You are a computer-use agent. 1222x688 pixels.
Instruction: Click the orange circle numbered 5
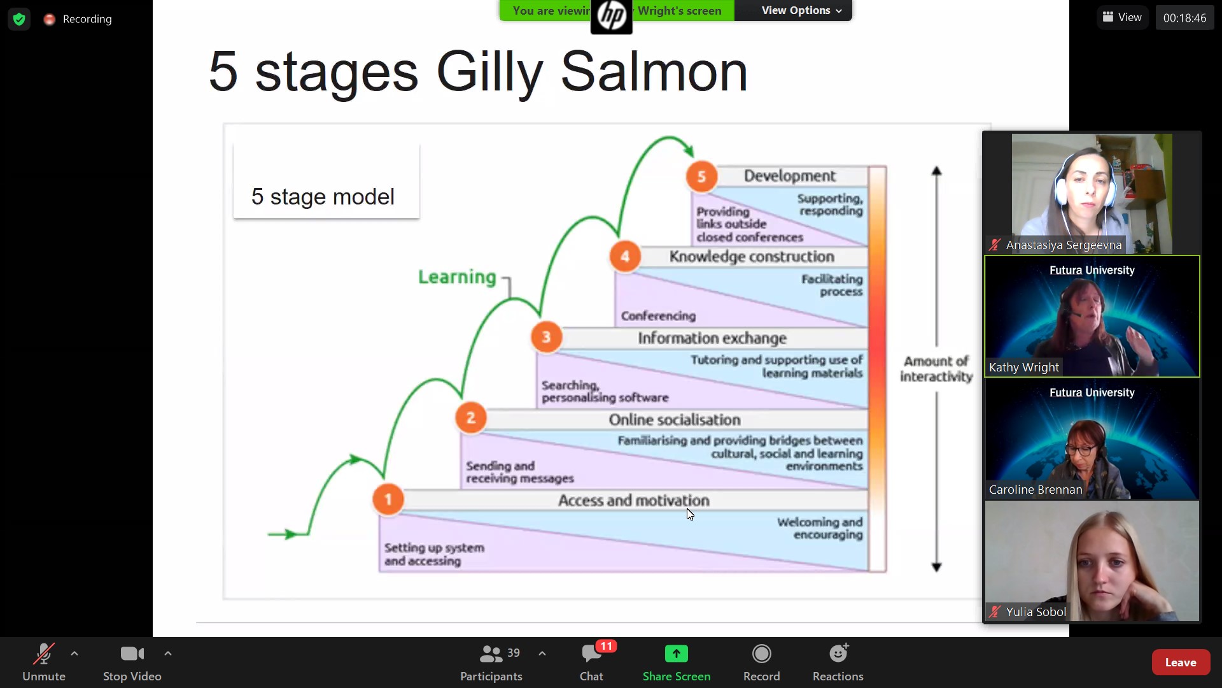701,176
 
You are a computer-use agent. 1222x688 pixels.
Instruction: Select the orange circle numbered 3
546,337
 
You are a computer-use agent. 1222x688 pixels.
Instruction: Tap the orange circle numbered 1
388,499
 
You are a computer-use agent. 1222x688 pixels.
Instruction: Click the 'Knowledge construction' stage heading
752,257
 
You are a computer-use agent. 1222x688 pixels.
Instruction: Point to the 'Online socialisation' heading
675,420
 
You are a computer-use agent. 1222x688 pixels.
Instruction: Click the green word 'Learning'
457,277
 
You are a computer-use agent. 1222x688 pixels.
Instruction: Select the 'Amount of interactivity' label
936,369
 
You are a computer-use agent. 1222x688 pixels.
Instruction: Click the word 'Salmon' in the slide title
654,72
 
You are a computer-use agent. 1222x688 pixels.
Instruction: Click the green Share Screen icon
677,654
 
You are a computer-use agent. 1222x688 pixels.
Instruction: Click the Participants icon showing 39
491,654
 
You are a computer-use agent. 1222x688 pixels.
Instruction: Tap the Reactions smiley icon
839,653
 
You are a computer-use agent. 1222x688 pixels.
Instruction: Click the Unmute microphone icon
44,654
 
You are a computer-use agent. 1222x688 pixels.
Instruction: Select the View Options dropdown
801,10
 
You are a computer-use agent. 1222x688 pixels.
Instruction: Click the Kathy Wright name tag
1023,367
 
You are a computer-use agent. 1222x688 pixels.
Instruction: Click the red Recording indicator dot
49,19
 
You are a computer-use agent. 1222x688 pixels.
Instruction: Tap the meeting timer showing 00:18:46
1184,18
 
